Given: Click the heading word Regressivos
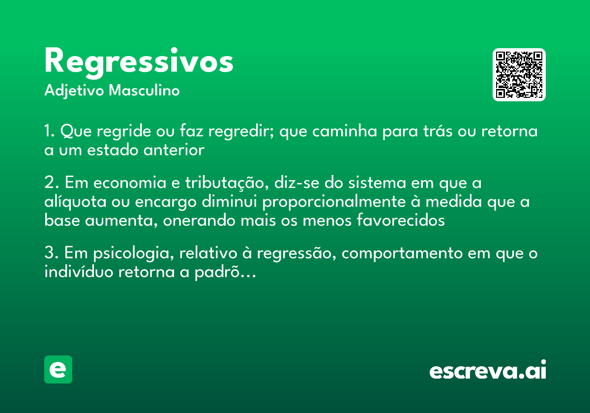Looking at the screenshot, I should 139,62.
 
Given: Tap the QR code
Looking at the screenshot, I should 519,75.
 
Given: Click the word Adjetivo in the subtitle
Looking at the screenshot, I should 74,91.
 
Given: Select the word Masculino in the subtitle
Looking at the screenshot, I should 144,91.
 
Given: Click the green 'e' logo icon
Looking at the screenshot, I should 58,369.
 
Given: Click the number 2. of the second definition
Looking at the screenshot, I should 51,183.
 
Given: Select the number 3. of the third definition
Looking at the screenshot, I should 51,254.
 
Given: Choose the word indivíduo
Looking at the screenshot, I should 79,272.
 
